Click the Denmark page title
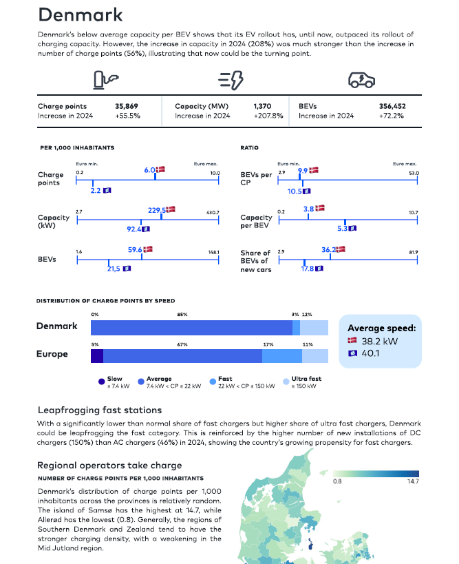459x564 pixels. click(x=80, y=14)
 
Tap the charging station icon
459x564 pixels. click(x=106, y=80)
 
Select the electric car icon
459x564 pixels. click(x=361, y=80)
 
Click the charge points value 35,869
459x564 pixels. click(x=127, y=106)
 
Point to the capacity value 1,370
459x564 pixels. click(x=262, y=106)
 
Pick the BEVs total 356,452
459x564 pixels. click(x=392, y=106)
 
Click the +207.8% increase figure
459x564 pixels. click(x=268, y=116)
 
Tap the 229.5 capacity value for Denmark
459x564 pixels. click(x=157, y=210)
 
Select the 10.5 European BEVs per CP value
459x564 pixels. click(x=295, y=191)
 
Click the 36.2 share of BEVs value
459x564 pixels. click(x=328, y=249)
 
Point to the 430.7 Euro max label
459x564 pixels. click(x=213, y=213)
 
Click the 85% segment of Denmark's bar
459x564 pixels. click(x=191, y=328)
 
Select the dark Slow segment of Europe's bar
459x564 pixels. click(x=97, y=356)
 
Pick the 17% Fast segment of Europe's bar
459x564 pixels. click(x=282, y=356)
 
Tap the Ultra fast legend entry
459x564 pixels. click(x=302, y=382)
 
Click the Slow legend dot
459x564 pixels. click(x=101, y=382)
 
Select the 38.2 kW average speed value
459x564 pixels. click(x=380, y=341)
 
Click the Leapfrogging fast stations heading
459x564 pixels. click(x=100, y=410)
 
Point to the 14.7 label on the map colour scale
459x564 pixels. click(x=413, y=481)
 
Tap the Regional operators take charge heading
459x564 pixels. click(x=109, y=466)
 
